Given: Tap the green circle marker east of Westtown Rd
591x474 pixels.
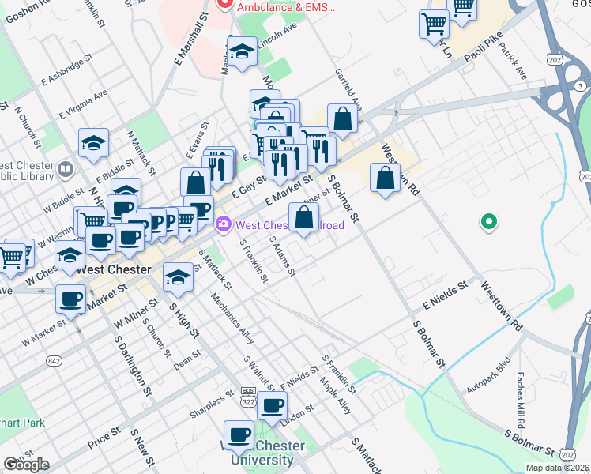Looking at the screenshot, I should [489, 223].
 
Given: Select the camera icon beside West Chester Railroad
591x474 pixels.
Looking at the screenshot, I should [224, 225].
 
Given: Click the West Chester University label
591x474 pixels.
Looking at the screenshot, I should [267, 453].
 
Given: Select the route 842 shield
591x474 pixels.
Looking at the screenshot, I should [54, 361].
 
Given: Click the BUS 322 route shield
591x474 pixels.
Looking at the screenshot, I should [248, 397].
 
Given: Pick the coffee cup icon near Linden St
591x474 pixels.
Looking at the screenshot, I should [273, 405].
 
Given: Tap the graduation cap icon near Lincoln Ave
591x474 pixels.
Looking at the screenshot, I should [242, 52].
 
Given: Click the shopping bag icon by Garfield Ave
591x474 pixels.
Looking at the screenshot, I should [343, 119].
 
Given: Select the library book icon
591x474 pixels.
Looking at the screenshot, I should [65, 167].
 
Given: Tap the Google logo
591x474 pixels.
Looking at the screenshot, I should [26, 465].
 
